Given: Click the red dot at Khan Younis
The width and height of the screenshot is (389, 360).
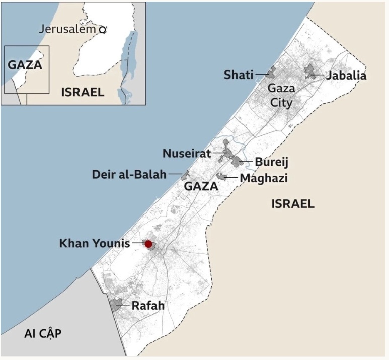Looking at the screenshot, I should click(148, 244).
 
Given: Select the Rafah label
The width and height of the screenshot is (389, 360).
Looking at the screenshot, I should click(148, 305).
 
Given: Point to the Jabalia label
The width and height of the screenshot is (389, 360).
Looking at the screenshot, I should click(346, 76).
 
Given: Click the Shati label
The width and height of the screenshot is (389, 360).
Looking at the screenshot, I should click(239, 75).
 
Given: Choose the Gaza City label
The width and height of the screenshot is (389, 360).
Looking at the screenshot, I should click(281, 95).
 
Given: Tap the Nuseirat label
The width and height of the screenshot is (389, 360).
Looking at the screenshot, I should click(187, 153).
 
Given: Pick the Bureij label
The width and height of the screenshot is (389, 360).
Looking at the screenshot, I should click(271, 163).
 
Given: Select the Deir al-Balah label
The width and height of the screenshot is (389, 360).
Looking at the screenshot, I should click(129, 174).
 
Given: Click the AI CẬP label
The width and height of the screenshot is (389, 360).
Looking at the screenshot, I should click(43, 334).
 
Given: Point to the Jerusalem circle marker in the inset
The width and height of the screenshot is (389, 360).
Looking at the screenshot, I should click(102, 30).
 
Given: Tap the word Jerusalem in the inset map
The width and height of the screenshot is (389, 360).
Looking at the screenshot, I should click(67, 29).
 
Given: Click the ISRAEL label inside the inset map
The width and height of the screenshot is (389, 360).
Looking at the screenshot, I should click(83, 92).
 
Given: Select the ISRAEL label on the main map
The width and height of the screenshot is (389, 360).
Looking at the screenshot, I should click(292, 204).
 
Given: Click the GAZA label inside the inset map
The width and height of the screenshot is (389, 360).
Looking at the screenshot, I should click(25, 65).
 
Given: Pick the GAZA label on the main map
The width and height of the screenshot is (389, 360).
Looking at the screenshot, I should click(201, 186).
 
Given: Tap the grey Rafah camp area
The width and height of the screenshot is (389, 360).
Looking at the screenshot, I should click(117, 303).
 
